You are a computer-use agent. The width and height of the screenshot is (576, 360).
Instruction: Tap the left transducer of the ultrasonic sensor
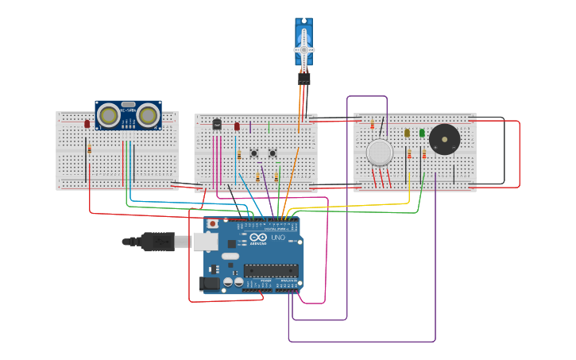click(109, 115)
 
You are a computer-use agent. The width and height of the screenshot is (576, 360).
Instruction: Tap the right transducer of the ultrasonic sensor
click(148, 115)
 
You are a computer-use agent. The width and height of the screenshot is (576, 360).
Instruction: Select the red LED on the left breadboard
click(87, 123)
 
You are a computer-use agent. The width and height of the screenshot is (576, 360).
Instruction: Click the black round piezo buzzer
click(444, 140)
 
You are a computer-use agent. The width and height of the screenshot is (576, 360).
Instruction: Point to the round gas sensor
click(380, 153)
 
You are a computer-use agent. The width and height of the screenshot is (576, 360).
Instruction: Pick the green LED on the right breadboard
click(422, 133)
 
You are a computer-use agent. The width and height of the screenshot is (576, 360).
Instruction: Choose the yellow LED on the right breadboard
click(407, 133)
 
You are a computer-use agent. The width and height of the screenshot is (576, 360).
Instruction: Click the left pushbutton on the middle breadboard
click(254, 153)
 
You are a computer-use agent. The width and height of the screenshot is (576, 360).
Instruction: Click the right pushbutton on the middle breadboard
click(273, 153)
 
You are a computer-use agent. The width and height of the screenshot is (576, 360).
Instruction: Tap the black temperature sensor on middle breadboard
click(217, 123)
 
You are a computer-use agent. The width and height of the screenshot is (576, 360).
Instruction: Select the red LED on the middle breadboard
click(237, 126)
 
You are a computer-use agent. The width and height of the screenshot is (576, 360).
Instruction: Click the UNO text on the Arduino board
click(278, 238)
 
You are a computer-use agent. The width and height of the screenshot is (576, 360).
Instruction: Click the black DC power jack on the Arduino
click(209, 282)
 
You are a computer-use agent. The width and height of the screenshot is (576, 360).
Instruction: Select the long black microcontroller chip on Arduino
click(270, 270)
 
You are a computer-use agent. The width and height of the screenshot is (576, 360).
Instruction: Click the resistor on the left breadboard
click(89, 149)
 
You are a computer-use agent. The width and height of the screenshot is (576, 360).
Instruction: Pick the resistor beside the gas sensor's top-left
click(372, 125)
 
